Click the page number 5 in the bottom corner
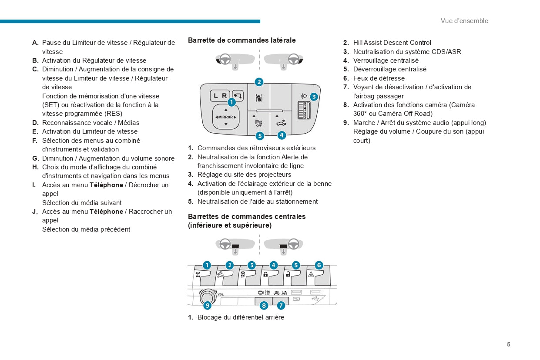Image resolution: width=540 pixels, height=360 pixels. tap(508, 344)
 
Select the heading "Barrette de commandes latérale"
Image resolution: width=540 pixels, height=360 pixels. tap(241, 40)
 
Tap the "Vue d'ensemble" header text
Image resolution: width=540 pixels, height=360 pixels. tap(464, 21)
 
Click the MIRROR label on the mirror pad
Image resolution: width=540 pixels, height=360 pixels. tap(225, 117)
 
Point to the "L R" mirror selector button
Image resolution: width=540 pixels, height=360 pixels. tap(220, 96)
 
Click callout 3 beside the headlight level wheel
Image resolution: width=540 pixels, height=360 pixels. tap(314, 97)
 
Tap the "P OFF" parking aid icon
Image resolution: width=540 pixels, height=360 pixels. tap(259, 123)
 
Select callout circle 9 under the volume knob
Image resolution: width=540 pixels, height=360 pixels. tap(208, 306)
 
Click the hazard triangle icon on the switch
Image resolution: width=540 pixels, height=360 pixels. tap(311, 275)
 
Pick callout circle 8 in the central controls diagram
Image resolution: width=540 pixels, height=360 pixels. tap(264, 306)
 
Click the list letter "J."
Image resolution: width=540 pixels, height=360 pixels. tap(35, 212)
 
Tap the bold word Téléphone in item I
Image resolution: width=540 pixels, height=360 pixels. tap(106, 185)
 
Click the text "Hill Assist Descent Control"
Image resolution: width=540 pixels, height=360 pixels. tap(392, 43)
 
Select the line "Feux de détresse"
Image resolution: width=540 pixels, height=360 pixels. tap(379, 78)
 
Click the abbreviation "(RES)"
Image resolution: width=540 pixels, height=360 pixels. tap(113, 114)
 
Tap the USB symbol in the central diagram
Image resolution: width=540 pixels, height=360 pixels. tap(315, 299)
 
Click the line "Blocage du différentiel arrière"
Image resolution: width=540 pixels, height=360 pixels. tap(241, 317)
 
